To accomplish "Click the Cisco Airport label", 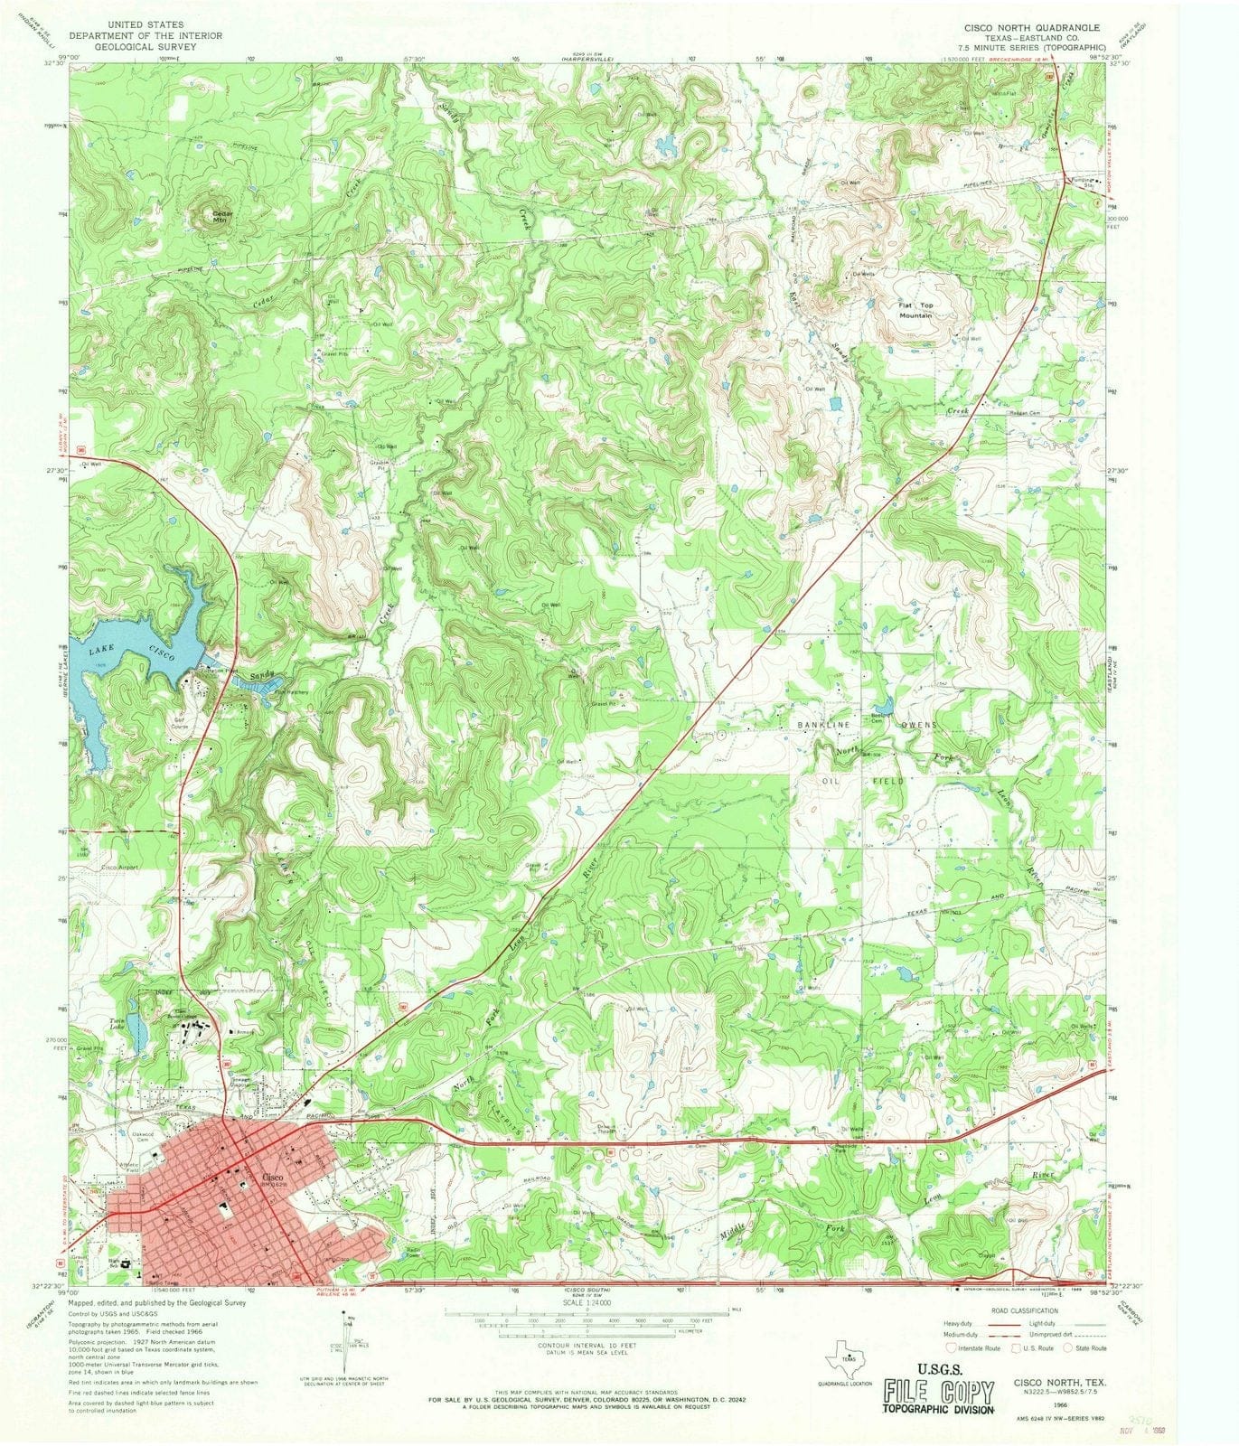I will point(120,867).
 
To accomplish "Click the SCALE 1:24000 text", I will point(587,1303).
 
